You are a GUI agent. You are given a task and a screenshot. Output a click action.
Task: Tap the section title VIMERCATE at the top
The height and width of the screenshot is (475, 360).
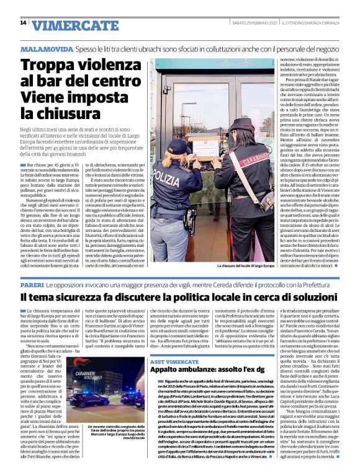tap(68, 25)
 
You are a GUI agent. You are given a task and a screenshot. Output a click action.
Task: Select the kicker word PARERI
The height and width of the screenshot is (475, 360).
tap(32, 282)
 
